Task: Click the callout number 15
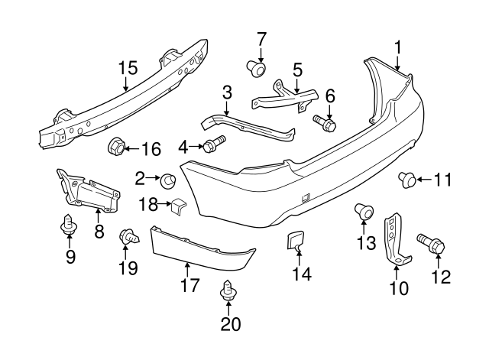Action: coord(128,67)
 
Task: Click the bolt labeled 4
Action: coord(212,144)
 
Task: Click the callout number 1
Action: coord(398,47)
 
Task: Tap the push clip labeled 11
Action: coord(407,180)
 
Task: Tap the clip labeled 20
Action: coord(227,292)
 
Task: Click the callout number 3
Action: coord(227,93)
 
